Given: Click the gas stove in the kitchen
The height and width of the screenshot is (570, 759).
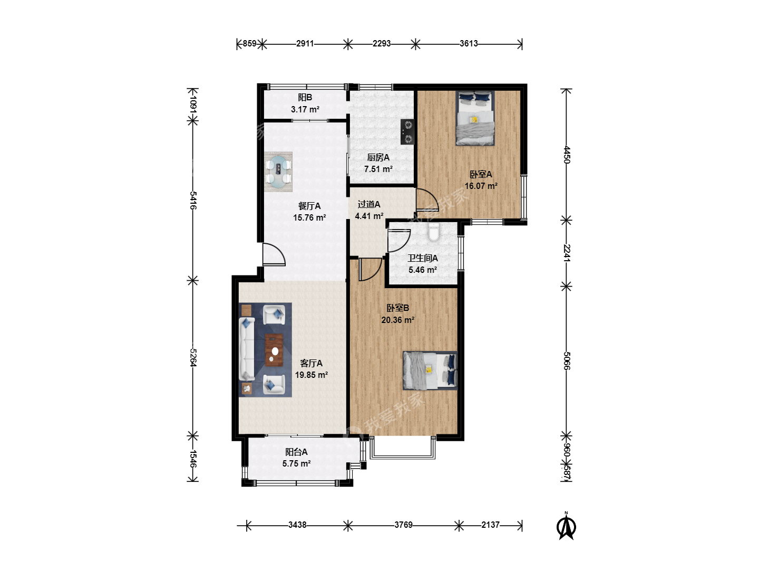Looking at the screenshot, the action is pyautogui.click(x=407, y=132).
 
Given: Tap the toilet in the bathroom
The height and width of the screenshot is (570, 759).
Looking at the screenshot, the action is pyautogui.click(x=434, y=232).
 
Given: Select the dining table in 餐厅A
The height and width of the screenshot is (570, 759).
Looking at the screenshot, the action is pyautogui.click(x=278, y=172).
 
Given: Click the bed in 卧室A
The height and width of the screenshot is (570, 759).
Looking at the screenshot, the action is pyautogui.click(x=475, y=118).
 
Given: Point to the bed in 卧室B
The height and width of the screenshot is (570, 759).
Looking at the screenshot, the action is pyautogui.click(x=430, y=370).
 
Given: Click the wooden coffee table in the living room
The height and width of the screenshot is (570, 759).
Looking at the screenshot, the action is pyautogui.click(x=274, y=350).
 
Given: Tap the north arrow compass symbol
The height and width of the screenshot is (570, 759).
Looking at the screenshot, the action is pyautogui.click(x=566, y=526).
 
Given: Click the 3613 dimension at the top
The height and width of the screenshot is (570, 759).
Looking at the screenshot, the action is pyautogui.click(x=469, y=44).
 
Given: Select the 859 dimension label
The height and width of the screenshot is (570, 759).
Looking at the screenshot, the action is pyautogui.click(x=249, y=44).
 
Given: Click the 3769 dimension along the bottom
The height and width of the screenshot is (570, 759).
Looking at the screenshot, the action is pyautogui.click(x=404, y=525).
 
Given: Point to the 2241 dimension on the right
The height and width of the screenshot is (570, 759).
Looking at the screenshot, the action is pyautogui.click(x=567, y=253).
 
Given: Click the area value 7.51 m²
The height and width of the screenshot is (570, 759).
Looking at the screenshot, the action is pyautogui.click(x=378, y=169).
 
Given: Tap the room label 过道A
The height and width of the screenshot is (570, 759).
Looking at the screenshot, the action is pyautogui.click(x=369, y=205).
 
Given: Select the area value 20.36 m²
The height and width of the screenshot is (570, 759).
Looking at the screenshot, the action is pyautogui.click(x=397, y=320).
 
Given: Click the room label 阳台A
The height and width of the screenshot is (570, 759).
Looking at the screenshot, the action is pyautogui.click(x=296, y=452).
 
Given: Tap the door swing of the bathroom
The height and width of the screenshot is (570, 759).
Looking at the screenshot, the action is pyautogui.click(x=399, y=241).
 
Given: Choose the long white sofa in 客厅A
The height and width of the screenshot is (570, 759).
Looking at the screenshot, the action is pyautogui.click(x=247, y=350).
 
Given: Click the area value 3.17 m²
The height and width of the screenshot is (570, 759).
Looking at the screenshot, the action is pyautogui.click(x=305, y=110).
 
